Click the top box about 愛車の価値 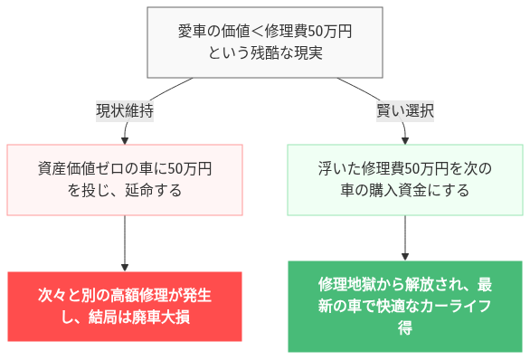[x=265, y=43]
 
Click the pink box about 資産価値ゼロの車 [x=125, y=179]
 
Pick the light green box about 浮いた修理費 [x=404, y=179]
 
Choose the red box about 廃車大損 [x=125, y=307]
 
